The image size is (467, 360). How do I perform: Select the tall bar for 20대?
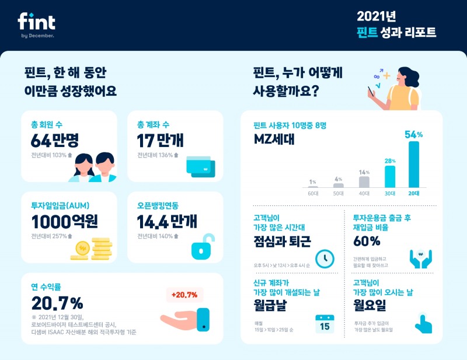[x=413, y=165]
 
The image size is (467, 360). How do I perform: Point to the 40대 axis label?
[x=365, y=193]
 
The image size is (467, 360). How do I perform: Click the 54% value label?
[x=413, y=135]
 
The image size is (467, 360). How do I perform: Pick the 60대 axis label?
[x=313, y=193]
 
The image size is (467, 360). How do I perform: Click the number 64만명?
[x=54, y=141]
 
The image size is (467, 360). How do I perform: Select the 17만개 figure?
[x=159, y=141]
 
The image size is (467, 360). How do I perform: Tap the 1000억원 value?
[x=65, y=222]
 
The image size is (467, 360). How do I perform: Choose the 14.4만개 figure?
[x=167, y=222]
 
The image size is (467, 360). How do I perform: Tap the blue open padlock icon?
[x=202, y=248]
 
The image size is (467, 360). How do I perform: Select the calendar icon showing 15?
[x=325, y=324]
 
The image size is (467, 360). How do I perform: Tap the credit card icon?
[x=200, y=166]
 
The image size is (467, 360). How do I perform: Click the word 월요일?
[x=374, y=305]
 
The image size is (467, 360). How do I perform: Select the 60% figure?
[x=367, y=240]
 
